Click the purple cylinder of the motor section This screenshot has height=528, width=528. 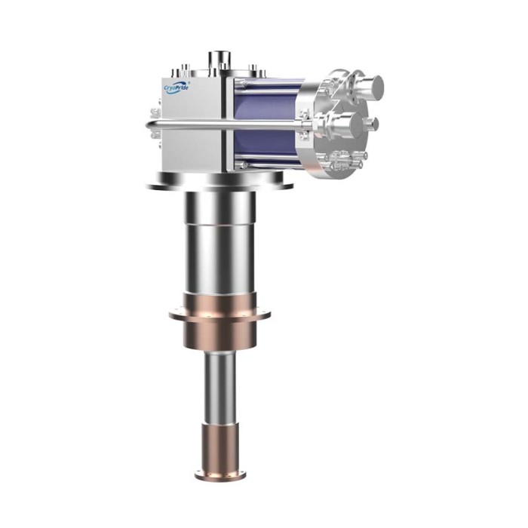[267, 124]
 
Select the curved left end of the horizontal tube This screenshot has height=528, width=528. [149, 125]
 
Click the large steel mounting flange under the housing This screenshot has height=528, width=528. [219, 182]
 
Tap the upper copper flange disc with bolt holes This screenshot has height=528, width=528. [219, 315]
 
